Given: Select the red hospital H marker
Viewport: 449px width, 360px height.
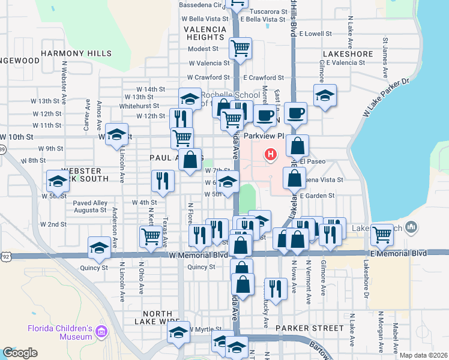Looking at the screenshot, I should click(271, 155).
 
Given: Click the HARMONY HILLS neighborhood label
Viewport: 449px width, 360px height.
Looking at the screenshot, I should click(68, 53).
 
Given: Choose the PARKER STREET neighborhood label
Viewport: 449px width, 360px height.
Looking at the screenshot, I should click(310, 328).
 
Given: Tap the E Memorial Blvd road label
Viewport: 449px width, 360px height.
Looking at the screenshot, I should click(399, 253).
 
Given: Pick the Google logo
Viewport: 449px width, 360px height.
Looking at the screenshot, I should click(20, 352).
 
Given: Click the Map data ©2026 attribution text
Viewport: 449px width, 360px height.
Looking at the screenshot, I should click(423, 355).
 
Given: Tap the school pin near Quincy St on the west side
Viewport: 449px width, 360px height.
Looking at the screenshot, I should click(99, 247).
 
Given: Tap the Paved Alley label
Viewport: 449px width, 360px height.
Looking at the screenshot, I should click(90, 203).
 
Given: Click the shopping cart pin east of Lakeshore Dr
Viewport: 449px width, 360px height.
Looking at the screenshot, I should click(382, 235).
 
